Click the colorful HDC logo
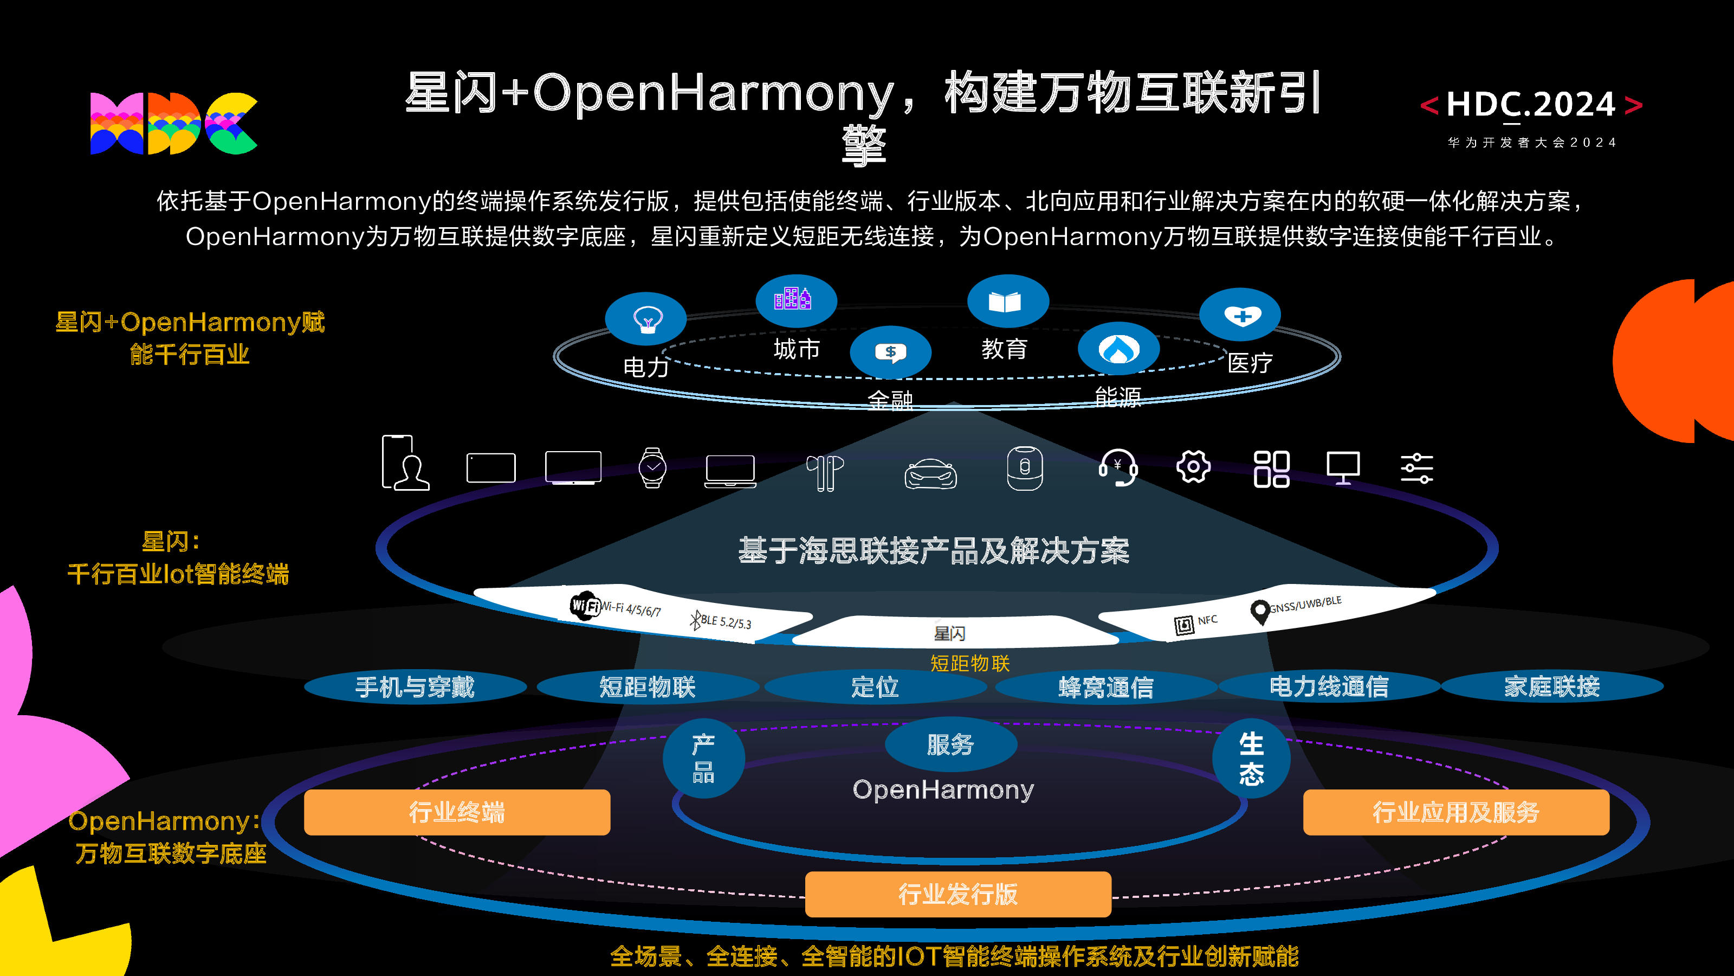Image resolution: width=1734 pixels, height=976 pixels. (x=173, y=123)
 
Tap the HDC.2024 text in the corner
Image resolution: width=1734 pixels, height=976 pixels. (x=1531, y=105)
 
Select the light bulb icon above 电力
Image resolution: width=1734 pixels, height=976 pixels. (x=646, y=319)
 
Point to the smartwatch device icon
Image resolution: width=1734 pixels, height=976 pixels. (x=652, y=467)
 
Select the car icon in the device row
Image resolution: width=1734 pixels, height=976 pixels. (x=930, y=473)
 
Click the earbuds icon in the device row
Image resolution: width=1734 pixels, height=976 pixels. (x=825, y=473)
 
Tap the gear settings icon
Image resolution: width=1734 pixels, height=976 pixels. (x=1193, y=467)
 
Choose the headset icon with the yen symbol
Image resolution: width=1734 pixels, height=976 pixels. (x=1118, y=467)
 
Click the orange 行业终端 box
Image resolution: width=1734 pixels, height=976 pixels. (x=457, y=812)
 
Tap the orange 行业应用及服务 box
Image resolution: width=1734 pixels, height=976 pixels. (x=1456, y=812)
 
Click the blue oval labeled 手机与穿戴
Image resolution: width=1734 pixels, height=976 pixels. (x=415, y=687)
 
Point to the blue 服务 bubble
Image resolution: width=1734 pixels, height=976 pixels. (x=950, y=744)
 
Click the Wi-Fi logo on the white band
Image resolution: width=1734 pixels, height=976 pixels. (x=584, y=605)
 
